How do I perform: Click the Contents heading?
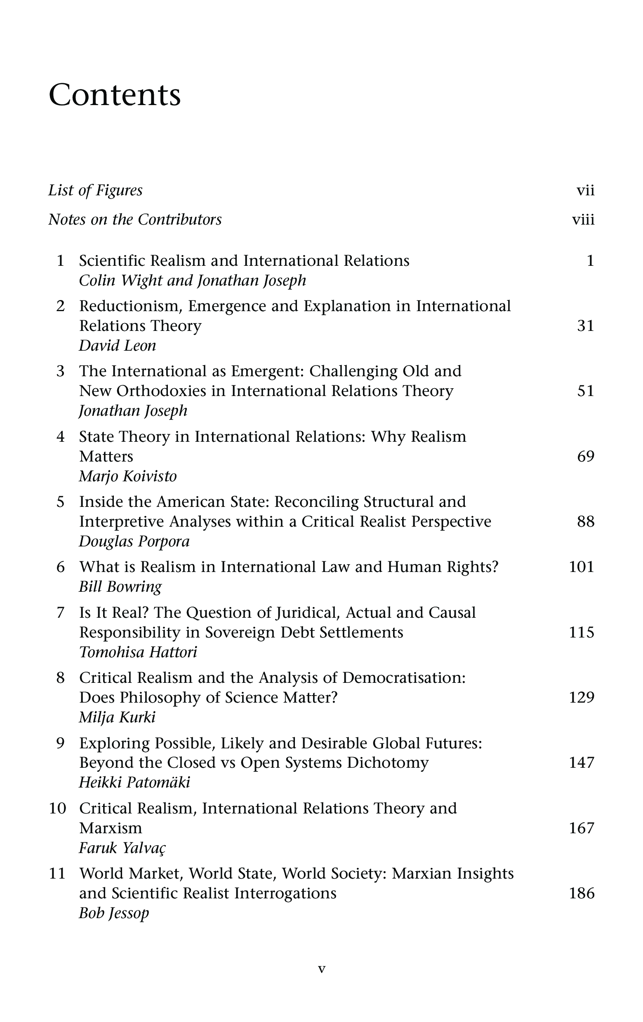pos(115,95)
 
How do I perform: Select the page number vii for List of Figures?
pos(585,190)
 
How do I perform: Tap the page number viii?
pos(583,220)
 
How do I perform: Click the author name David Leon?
pos(117,346)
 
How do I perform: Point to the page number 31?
pos(585,326)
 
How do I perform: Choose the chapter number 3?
pos(60,371)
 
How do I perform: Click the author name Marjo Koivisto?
pos(127,477)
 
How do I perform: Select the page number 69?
pos(585,457)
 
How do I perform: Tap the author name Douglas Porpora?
pos(134,542)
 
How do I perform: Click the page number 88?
pos(585,522)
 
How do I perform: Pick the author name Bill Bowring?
pos(120,587)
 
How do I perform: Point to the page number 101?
pos(581,567)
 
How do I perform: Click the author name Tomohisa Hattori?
pos(138,652)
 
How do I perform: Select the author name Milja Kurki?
pos(117,718)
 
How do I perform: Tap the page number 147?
pos(581,763)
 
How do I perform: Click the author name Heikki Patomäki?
pos(134,783)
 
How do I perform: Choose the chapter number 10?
pos(58,809)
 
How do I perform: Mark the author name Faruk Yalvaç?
pos(122,849)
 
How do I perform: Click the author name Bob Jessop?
pos(114,913)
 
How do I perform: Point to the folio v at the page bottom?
pos(322,969)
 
